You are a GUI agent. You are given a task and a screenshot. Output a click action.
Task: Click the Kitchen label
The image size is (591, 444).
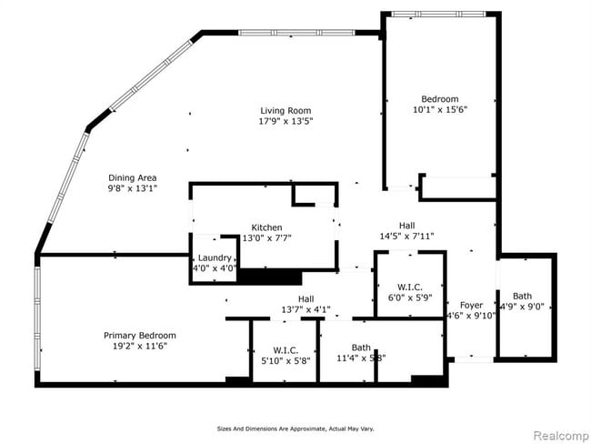click(266, 227)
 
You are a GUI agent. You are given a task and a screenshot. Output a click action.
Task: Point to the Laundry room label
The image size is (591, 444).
click(215, 257)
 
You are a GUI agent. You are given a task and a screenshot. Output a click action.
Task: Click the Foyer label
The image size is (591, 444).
click(471, 305)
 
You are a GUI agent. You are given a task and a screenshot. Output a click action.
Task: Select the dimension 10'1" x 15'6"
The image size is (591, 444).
click(439, 110)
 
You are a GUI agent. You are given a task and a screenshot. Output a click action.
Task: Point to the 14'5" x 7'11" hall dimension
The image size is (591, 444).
click(406, 236)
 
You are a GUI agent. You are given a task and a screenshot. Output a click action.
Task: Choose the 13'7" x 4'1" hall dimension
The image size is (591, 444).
click(306, 308)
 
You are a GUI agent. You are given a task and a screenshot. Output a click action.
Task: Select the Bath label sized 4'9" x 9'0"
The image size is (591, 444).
click(522, 296)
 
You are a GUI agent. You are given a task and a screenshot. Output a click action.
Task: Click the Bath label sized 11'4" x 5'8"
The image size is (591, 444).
click(361, 347)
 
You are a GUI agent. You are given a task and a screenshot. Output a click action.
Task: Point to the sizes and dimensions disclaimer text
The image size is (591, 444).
click(295, 428)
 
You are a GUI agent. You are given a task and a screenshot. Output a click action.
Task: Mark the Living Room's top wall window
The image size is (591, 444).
click(295, 34)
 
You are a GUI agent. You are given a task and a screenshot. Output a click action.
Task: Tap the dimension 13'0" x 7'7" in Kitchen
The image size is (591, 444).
click(266, 238)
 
